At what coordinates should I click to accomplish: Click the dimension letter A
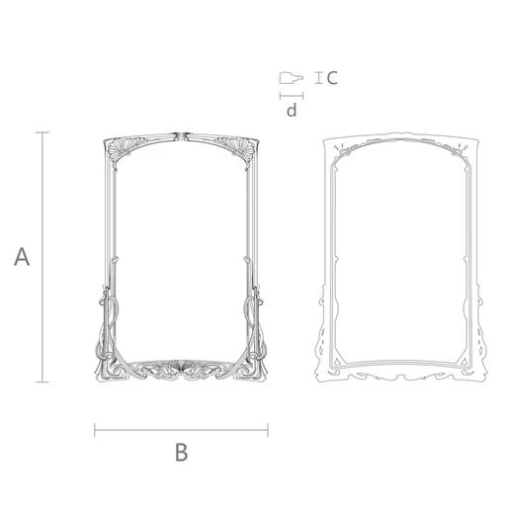click(22, 257)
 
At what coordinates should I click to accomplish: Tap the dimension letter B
click(182, 452)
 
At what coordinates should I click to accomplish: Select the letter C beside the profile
click(332, 78)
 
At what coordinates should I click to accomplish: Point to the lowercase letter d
click(292, 111)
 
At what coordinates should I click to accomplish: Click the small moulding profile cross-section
click(291, 78)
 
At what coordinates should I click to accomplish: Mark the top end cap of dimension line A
click(42, 132)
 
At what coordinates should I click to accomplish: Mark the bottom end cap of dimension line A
click(42, 381)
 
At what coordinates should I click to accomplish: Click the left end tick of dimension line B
click(95, 430)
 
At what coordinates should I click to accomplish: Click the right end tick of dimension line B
click(268, 430)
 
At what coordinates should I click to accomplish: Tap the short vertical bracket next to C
click(318, 78)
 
